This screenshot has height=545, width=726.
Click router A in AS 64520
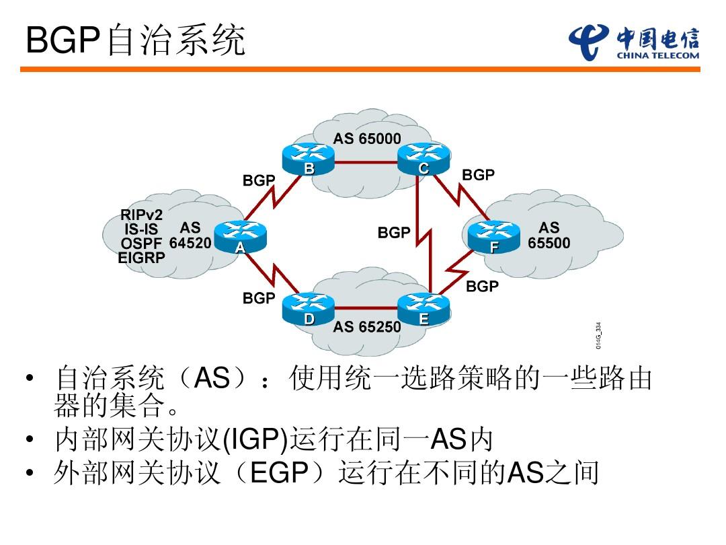[x=239, y=236]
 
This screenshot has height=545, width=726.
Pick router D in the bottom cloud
[x=308, y=310]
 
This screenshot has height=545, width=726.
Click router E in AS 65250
[x=424, y=310]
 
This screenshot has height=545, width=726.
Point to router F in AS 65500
[x=493, y=236]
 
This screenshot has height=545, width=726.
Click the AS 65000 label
[x=367, y=139]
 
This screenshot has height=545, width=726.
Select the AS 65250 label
[x=367, y=327]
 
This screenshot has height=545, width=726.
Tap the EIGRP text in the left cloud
[x=141, y=257]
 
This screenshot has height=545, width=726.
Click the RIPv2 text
[x=142, y=215]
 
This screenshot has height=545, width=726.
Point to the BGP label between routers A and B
[x=259, y=180]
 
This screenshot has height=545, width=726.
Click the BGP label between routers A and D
[x=259, y=298]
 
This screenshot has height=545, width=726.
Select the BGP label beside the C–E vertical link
[x=394, y=233]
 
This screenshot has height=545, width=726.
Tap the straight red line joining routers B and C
[x=366, y=162]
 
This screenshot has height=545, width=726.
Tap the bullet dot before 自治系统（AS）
[x=28, y=381]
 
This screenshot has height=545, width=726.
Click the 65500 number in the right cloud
[x=549, y=243]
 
